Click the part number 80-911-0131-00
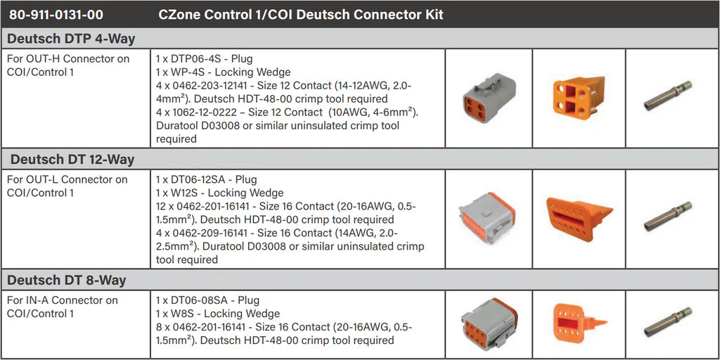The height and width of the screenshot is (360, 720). [x=56, y=14]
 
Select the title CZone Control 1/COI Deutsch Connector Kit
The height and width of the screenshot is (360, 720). [x=301, y=14]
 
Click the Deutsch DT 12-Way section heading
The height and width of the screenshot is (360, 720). [x=72, y=160]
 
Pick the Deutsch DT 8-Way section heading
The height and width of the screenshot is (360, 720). [x=68, y=281]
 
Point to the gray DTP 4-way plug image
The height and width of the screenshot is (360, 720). [x=489, y=99]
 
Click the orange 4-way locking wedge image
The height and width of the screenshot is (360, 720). [x=578, y=97]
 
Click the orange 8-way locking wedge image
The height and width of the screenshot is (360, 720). [x=578, y=323]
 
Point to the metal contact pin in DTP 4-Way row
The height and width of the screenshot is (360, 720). [x=668, y=96]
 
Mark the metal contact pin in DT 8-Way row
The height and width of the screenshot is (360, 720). [x=668, y=322]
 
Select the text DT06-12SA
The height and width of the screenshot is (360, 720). [x=196, y=179]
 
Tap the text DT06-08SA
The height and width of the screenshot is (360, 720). [x=196, y=300]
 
